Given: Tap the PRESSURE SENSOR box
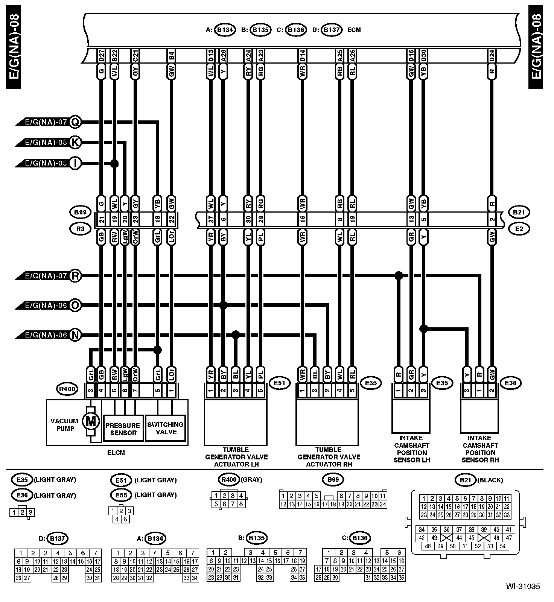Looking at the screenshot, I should [x=123, y=429].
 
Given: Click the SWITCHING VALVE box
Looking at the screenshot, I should [x=166, y=428].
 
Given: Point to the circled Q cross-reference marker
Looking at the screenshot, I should [x=76, y=122].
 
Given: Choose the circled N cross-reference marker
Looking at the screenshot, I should [x=76, y=335].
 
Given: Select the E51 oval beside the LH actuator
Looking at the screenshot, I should [x=280, y=383].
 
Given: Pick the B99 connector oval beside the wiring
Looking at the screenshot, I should [x=80, y=212].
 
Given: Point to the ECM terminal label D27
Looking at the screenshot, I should [x=101, y=56].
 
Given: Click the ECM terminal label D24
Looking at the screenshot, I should [x=492, y=56].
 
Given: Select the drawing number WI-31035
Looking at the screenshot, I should [x=523, y=586].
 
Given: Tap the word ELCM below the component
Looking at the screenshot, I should [x=116, y=453].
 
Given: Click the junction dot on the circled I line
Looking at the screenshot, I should [x=114, y=163].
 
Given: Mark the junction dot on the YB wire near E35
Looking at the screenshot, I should [x=423, y=328].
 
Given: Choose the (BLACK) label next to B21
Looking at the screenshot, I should [x=490, y=480].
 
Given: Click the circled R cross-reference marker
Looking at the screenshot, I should [x=76, y=276].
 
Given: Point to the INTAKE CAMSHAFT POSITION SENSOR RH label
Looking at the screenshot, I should [x=480, y=449].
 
